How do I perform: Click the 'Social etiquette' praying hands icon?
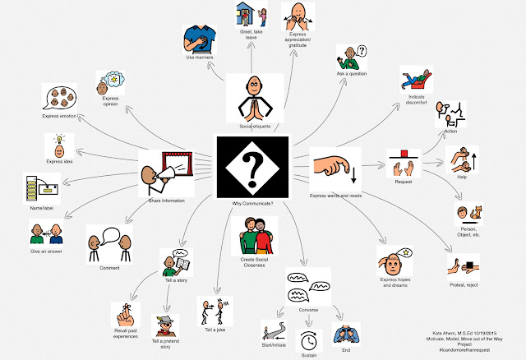click(251, 99)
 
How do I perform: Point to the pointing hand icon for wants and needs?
click(334, 168)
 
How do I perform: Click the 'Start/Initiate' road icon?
click(273, 330)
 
